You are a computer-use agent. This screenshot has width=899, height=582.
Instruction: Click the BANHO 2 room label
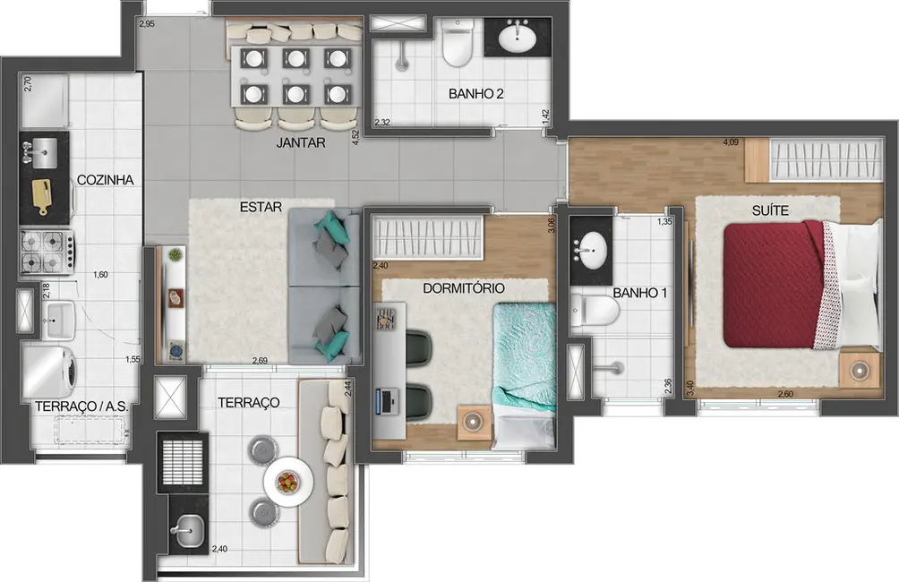pos(475,94)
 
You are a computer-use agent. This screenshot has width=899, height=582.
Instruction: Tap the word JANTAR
pos(300,142)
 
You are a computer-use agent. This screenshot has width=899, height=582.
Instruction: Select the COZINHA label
pos(105,180)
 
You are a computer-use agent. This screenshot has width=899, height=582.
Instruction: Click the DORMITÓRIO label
pos(463,288)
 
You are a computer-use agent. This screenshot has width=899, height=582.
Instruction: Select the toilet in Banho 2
pos(458,45)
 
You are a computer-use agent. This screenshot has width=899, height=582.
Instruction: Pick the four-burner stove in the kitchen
pos(44,252)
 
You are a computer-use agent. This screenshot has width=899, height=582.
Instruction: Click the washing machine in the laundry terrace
pos(52,367)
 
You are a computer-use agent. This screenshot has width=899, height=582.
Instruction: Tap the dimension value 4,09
pos(732,141)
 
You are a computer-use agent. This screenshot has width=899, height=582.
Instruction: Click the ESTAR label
pos(261,207)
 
